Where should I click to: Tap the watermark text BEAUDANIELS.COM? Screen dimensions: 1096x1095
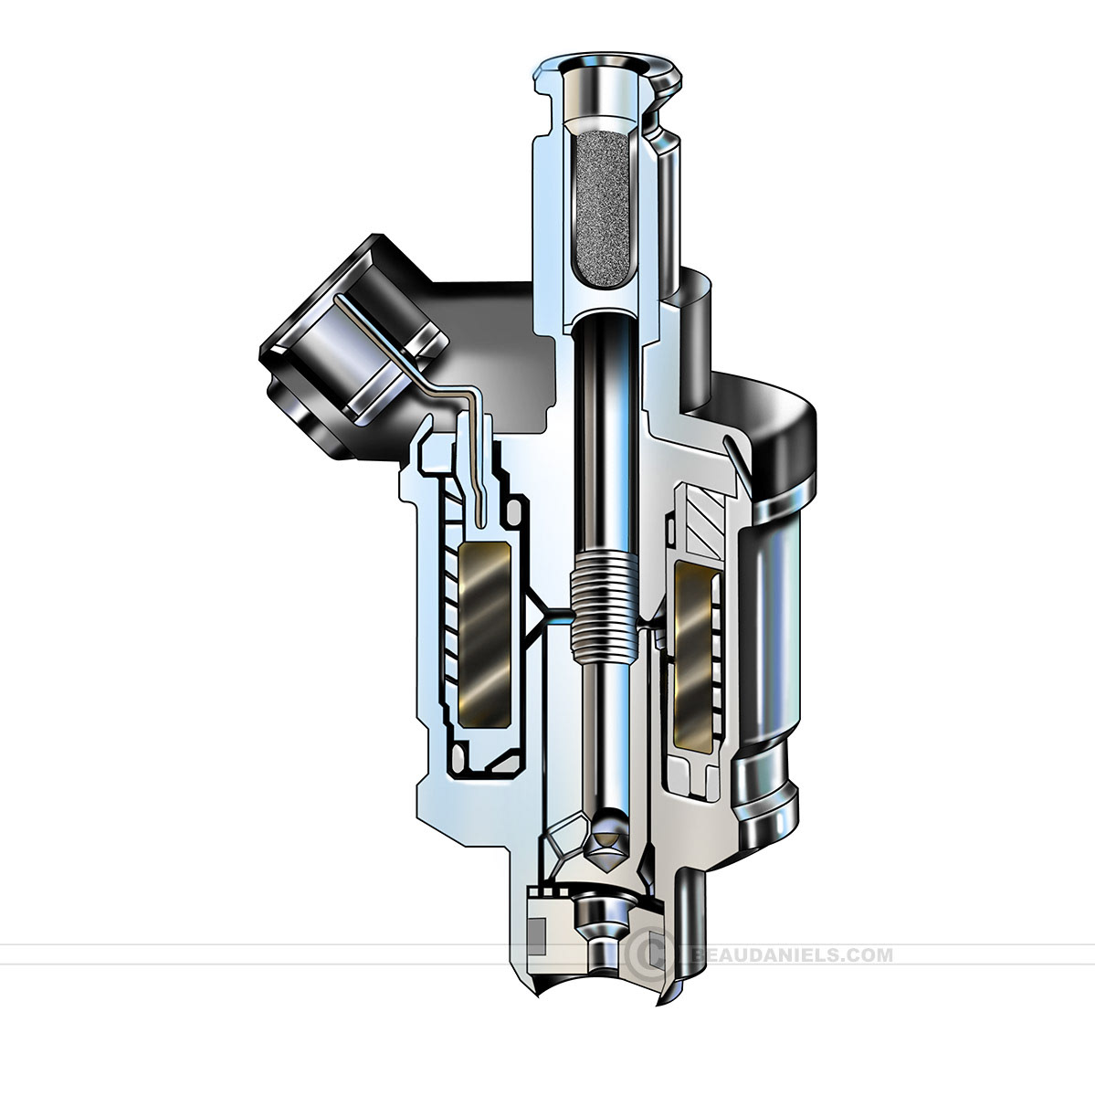(x=791, y=955)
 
